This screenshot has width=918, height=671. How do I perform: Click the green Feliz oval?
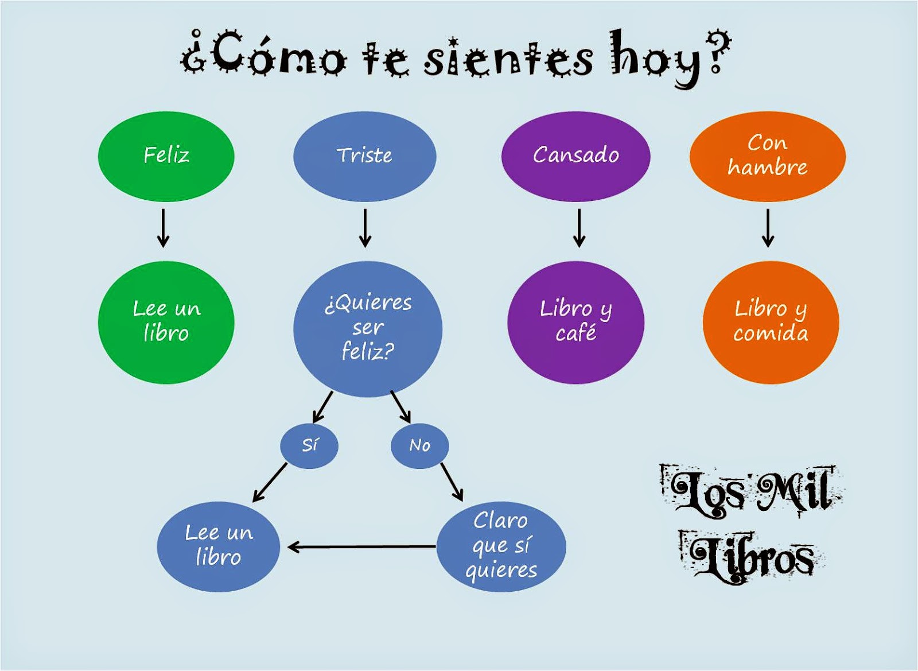[x=166, y=156]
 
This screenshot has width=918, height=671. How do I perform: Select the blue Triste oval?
[x=364, y=156]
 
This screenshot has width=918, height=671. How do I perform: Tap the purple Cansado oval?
[x=575, y=156]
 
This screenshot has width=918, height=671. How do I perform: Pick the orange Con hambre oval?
[x=767, y=156]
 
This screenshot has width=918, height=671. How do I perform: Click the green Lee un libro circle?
[x=166, y=322]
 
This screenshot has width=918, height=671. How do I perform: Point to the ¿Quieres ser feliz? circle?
[x=368, y=328]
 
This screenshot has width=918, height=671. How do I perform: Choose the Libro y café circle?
[x=575, y=322]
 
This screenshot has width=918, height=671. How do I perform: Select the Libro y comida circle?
[x=771, y=322]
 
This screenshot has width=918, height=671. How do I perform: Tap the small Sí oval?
[x=309, y=445]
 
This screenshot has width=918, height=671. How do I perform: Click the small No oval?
[x=419, y=445]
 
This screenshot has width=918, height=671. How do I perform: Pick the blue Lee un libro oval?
[x=218, y=546]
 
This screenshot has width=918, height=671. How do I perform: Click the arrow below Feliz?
[x=164, y=228]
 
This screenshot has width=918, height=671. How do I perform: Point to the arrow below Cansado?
[x=579, y=228]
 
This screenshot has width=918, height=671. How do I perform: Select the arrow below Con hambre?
[x=768, y=228]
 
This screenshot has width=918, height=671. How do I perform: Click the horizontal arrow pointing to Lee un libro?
[x=361, y=547]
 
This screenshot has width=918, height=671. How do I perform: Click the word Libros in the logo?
[x=752, y=557]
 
